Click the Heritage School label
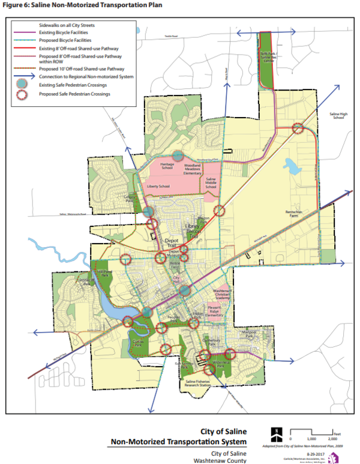click(x=167, y=166)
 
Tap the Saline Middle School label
click(x=210, y=183)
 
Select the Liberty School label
click(x=158, y=187)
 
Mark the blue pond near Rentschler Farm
click(x=292, y=166)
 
